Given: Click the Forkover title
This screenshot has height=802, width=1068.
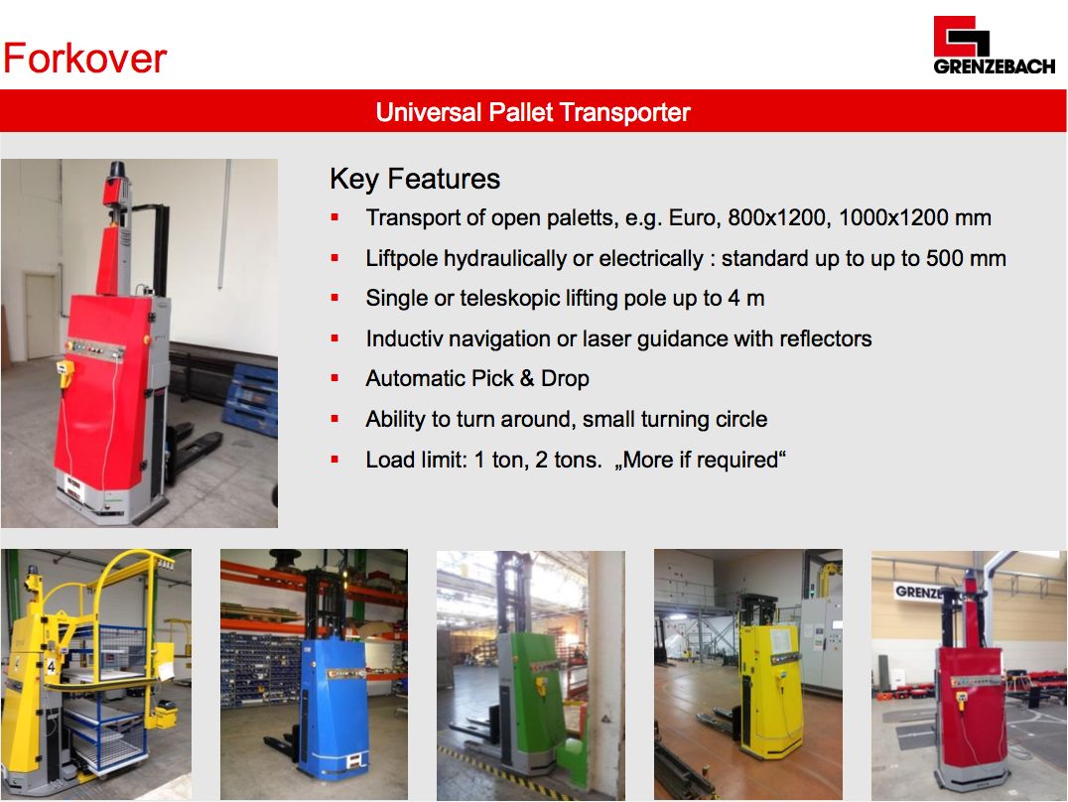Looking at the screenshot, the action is coord(84,58).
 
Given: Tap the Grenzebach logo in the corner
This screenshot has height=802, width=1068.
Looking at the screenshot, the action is coord(994,45).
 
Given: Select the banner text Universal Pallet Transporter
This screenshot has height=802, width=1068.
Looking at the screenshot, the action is coord(533,112).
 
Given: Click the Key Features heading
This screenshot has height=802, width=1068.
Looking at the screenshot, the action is coord(415,179).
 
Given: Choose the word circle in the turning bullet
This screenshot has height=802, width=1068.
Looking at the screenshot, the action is coord(743,419).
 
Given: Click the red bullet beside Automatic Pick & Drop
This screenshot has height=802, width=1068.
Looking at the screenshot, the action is coord(334,377).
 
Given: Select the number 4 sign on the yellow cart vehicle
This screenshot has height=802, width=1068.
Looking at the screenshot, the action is coord(51,665).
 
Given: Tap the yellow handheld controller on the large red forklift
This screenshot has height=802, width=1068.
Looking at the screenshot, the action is coord(65,373).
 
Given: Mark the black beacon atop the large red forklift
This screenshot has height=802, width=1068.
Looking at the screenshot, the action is coord(116,169).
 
